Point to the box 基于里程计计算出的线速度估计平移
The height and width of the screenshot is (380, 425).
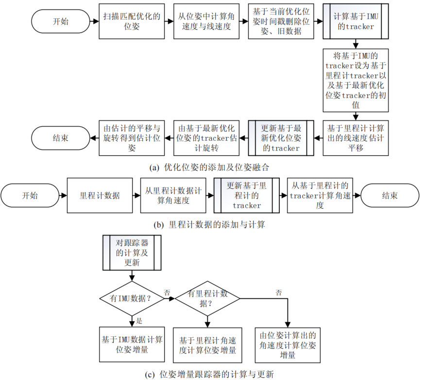[356, 138]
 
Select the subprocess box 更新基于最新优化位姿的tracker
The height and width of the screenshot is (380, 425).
[281, 138]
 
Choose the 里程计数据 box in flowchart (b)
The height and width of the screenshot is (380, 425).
[100, 196]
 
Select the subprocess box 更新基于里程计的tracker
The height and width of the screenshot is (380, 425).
[247, 196]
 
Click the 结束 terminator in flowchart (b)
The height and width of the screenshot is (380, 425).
[390, 196]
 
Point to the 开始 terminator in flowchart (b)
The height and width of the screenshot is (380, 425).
[29, 196]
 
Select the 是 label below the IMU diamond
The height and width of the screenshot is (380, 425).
[139, 321]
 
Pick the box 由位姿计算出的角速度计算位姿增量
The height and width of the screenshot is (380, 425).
[288, 345]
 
